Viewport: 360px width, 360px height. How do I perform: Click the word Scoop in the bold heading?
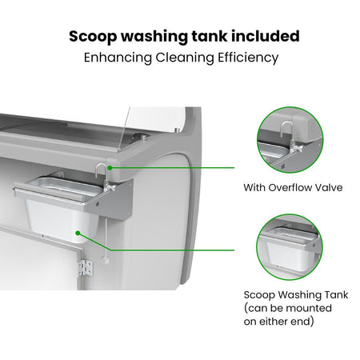93,37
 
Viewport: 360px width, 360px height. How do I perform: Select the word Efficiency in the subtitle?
248,58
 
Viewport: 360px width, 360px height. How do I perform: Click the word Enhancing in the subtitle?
118,58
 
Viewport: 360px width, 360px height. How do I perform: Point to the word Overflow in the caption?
290,187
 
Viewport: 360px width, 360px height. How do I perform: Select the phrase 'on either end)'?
278,322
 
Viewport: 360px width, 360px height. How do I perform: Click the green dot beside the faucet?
110,168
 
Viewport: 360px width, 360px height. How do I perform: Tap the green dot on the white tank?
78,233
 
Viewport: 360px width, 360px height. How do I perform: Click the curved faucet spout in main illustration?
100,167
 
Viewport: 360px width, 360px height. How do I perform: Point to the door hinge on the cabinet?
86,268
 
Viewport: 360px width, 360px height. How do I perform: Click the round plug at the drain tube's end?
106,260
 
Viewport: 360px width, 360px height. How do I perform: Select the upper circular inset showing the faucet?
290,140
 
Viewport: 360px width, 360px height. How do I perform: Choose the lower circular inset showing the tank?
290,247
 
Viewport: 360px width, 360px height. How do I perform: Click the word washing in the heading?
154,37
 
